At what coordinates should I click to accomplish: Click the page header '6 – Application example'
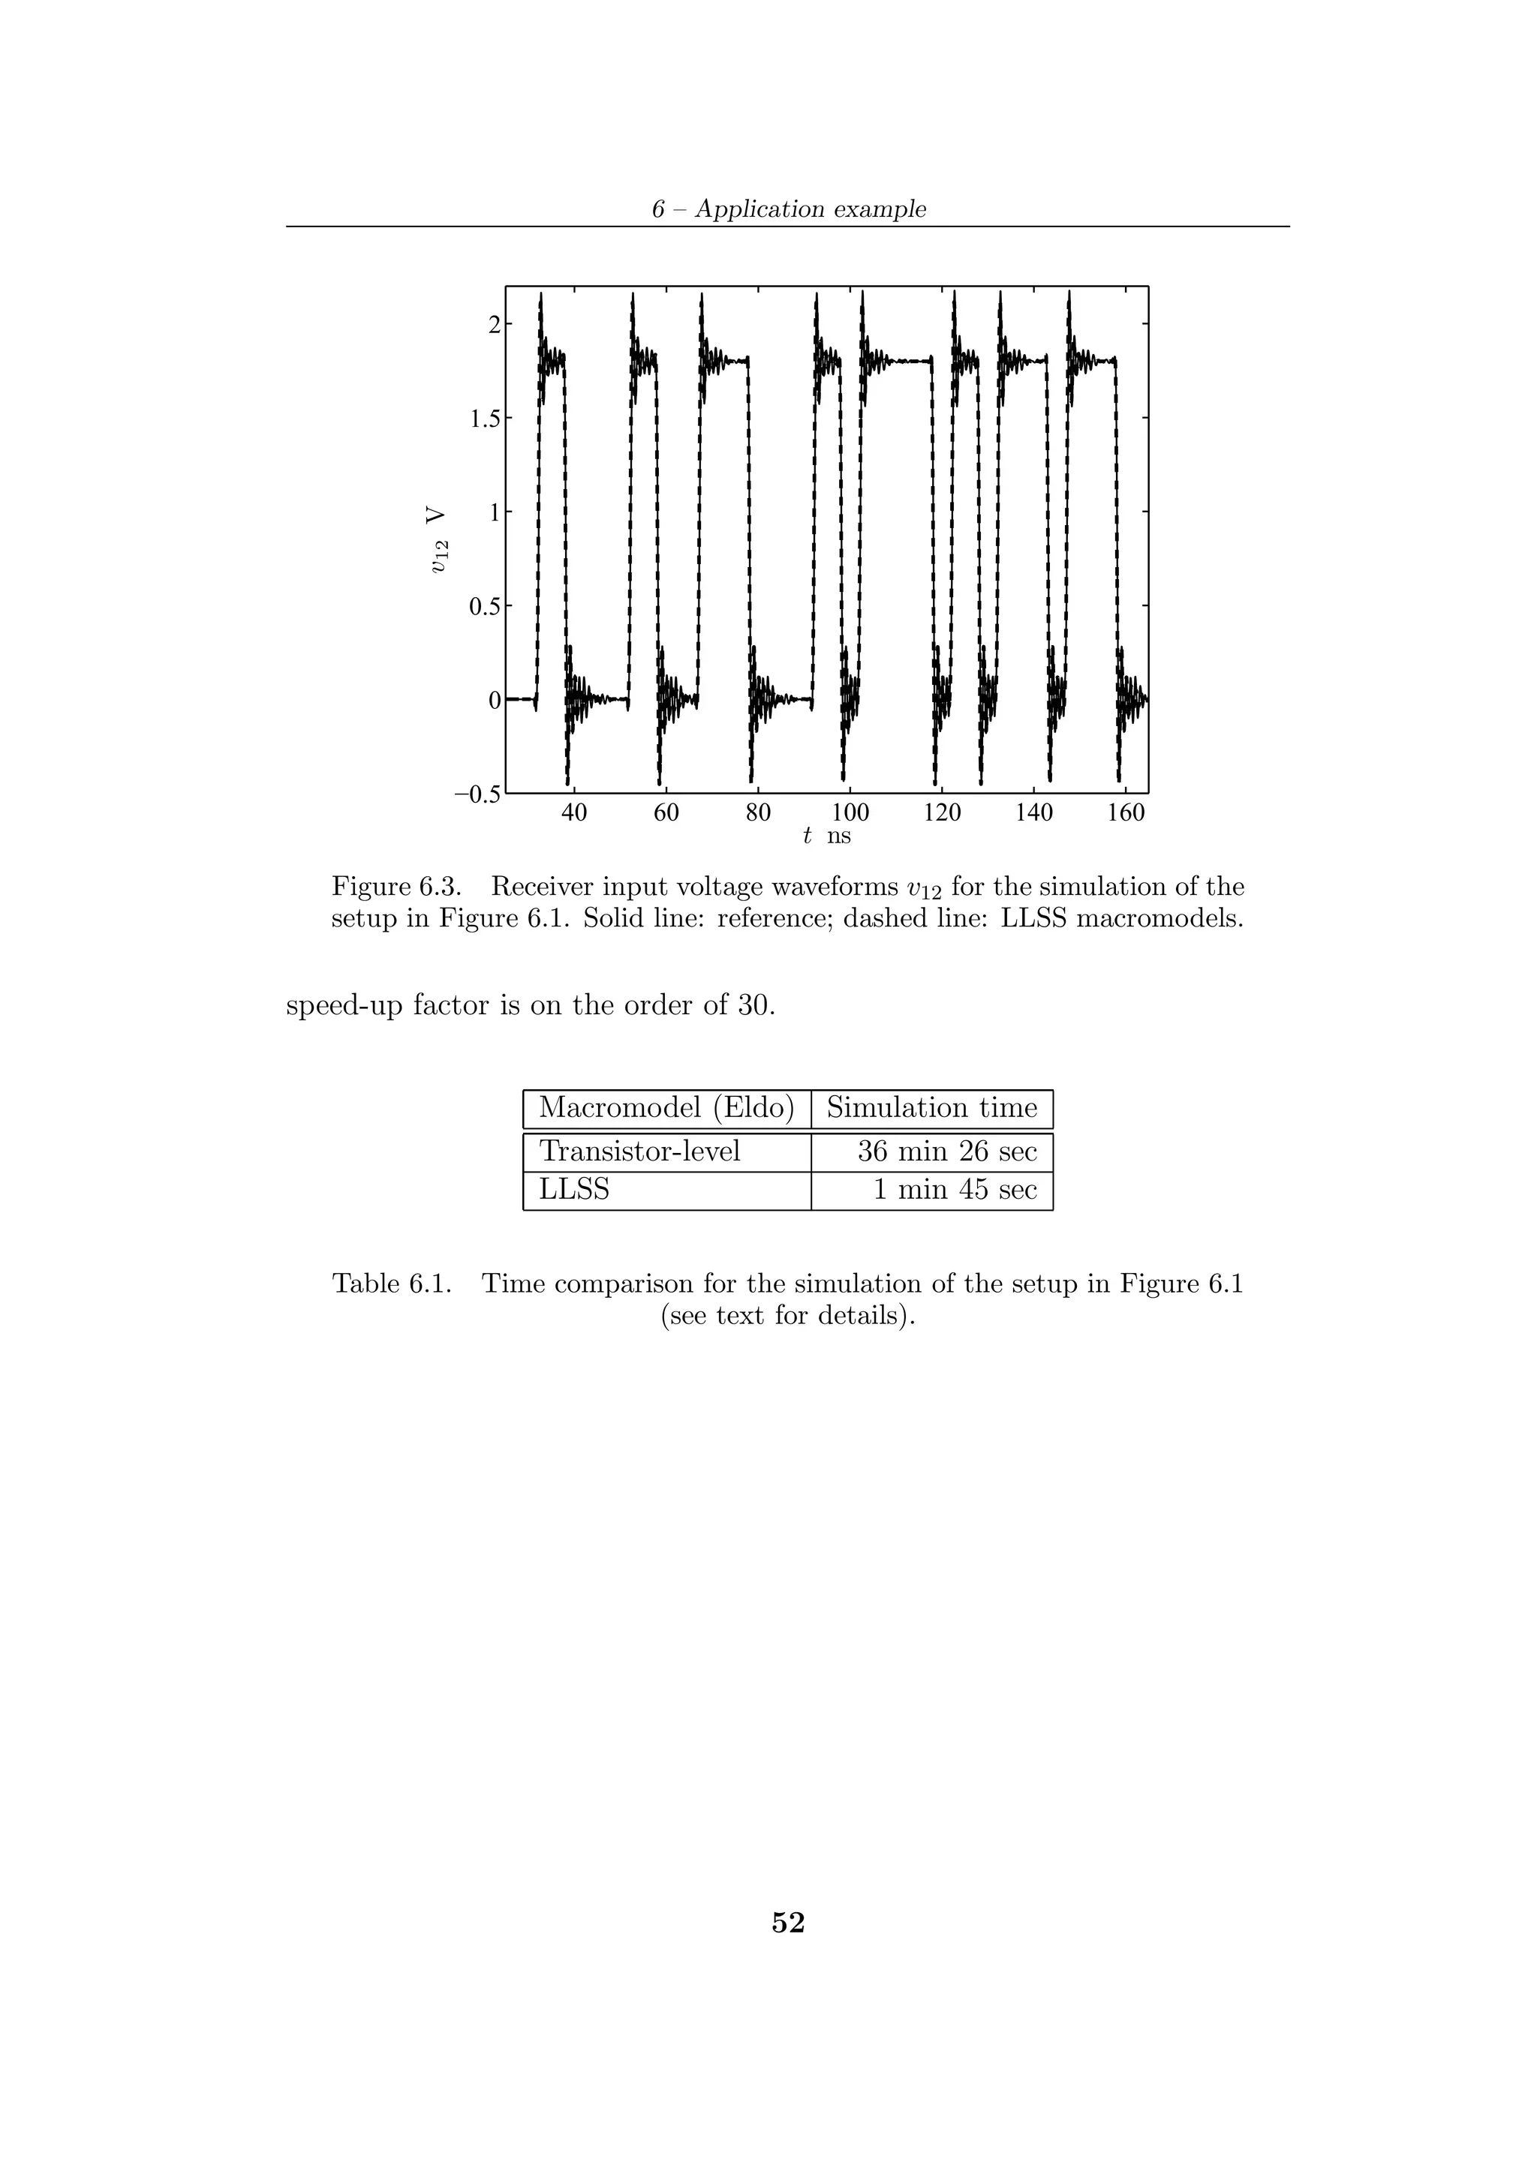coord(788,209)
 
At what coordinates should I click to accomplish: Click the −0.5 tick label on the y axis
coord(477,794)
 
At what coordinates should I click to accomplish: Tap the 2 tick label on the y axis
coord(493,325)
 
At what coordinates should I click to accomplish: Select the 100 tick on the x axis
coord(850,813)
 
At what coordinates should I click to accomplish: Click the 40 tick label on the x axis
coord(574,813)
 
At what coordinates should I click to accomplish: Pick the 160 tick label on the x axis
coord(1125,813)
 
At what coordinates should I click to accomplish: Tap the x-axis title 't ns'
coord(826,836)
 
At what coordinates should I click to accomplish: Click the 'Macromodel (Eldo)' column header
coord(666,1108)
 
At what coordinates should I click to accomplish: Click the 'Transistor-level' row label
coord(639,1152)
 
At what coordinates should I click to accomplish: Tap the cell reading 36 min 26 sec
coord(947,1152)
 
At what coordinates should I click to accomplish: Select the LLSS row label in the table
coord(574,1189)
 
